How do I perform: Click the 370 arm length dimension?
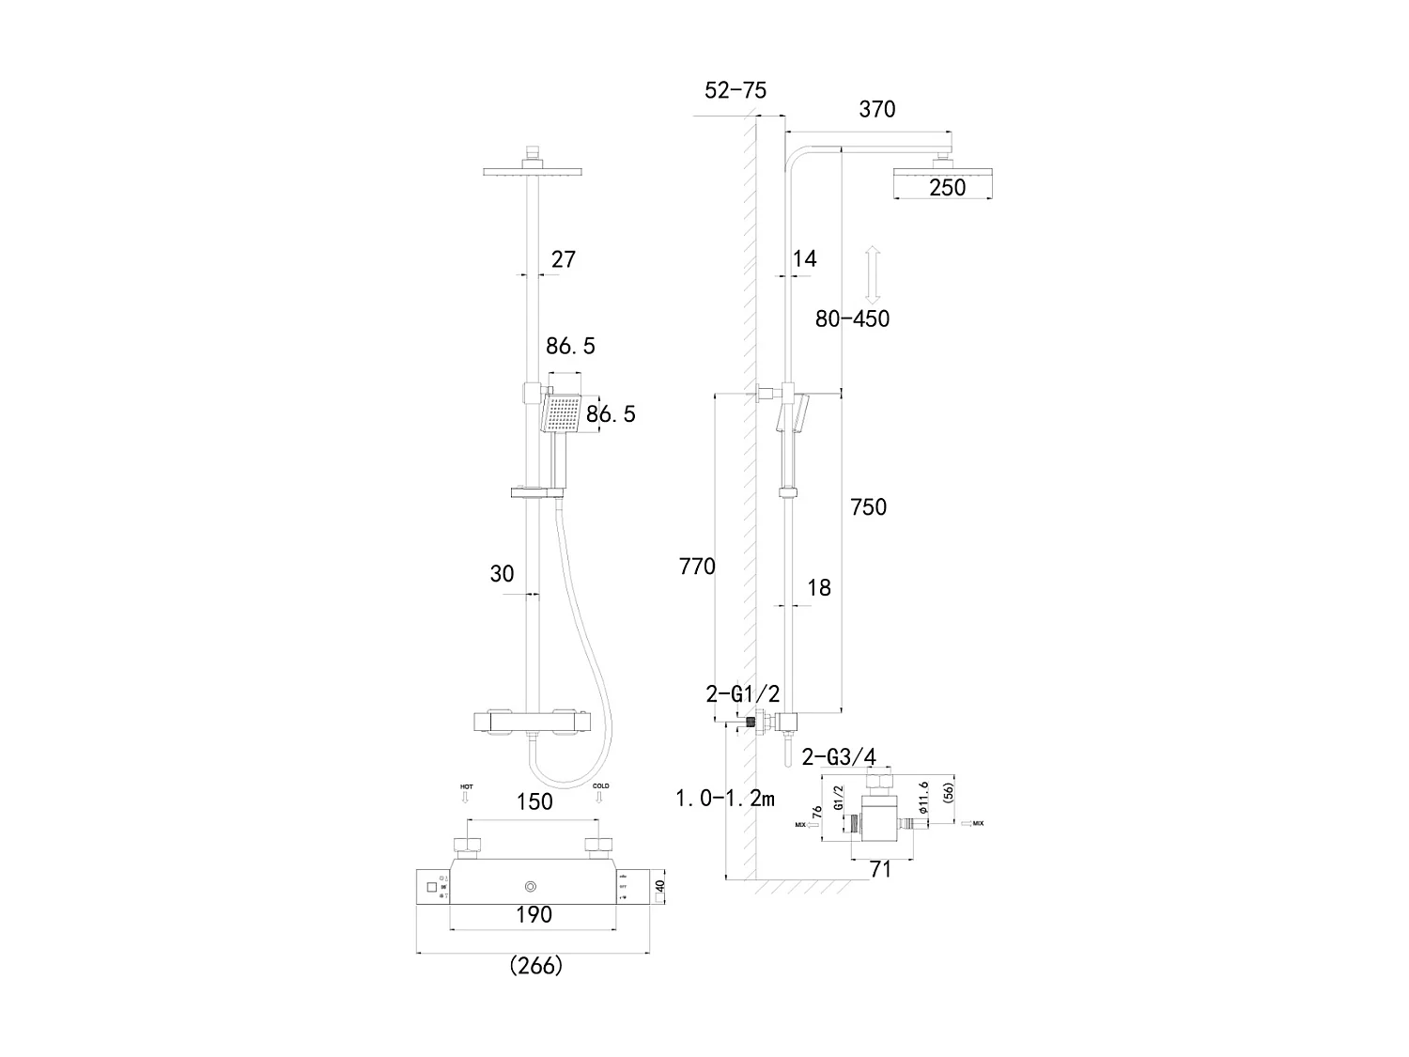point(877,109)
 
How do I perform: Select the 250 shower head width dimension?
point(947,187)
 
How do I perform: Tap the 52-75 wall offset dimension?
point(735,90)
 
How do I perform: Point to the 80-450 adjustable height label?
point(852,319)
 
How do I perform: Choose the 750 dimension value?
point(867,507)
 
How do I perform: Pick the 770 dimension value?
point(696,567)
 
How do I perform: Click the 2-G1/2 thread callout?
point(742,694)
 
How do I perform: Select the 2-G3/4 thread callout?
point(839,757)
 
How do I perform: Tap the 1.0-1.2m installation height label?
point(725,799)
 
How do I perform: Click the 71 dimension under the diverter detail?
point(879,870)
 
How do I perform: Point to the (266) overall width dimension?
point(535,965)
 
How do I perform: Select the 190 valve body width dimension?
point(534,914)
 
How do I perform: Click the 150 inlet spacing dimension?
point(534,801)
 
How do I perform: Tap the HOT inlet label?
point(466,785)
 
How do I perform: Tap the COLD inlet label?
point(600,785)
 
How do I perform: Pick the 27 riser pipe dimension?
point(563,259)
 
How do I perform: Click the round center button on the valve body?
point(533,886)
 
